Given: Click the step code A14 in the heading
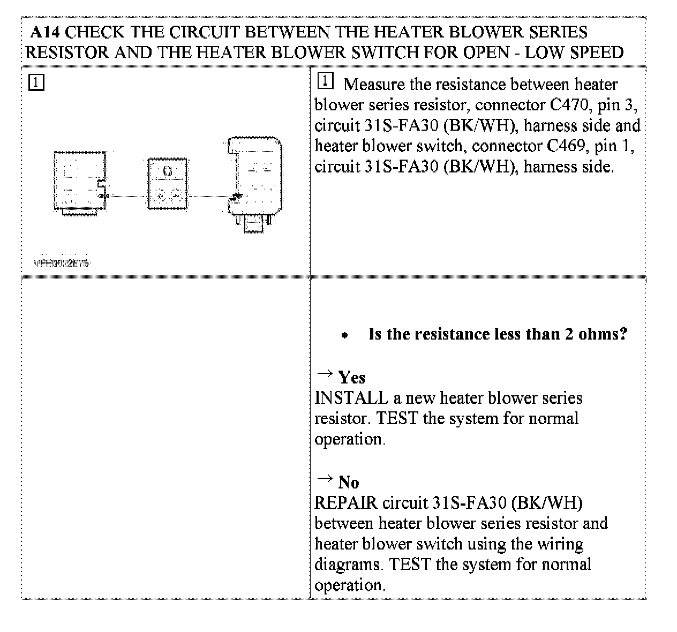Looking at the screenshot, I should click(46, 32).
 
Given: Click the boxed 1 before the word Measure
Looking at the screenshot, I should click(325, 81).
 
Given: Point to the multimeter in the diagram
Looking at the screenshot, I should click(168, 183).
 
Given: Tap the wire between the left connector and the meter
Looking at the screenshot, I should click(127, 196).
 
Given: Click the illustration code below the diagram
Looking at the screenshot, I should click(61, 263).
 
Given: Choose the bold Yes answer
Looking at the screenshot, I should click(351, 378).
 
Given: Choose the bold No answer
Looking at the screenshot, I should click(348, 483).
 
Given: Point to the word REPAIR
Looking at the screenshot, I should click(346, 503).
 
